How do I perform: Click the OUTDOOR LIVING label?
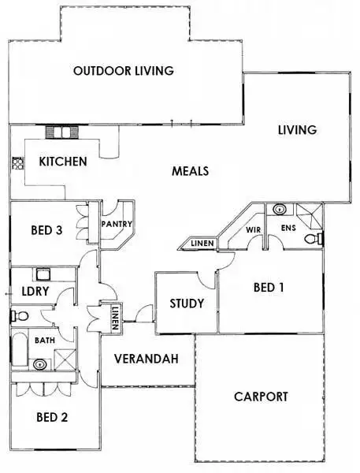click(x=123, y=71)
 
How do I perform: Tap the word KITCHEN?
click(x=63, y=162)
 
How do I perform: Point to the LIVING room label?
click(x=297, y=130)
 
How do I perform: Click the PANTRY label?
click(x=116, y=224)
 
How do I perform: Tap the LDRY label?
click(x=32, y=292)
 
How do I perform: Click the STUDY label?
click(x=187, y=304)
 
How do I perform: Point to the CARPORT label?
click(x=261, y=397)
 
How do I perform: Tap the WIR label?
click(x=253, y=229)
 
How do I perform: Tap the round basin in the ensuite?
click(x=280, y=210)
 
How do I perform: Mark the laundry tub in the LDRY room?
click(x=42, y=275)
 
